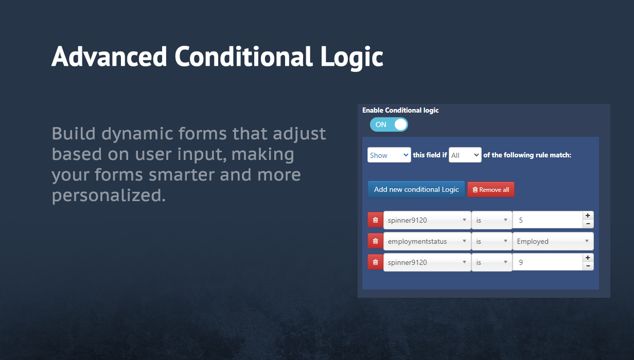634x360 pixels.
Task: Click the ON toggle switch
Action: (x=389, y=124)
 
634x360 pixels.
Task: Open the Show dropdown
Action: (x=389, y=155)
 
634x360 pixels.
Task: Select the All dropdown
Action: (x=465, y=155)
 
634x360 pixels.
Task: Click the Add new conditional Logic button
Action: (x=416, y=189)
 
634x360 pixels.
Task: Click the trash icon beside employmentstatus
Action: (x=375, y=241)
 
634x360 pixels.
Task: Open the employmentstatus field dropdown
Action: (x=427, y=241)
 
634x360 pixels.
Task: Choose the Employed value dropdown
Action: (x=553, y=241)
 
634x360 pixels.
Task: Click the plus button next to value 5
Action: (x=588, y=215)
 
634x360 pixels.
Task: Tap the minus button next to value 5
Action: (x=588, y=224)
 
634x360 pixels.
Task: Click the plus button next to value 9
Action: (x=588, y=258)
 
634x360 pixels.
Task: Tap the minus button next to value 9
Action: (x=588, y=266)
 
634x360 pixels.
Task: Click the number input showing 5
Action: (x=548, y=220)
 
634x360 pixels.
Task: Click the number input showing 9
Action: (x=548, y=262)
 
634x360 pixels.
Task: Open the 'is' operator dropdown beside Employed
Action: (x=491, y=241)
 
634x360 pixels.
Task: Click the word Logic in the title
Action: (x=351, y=58)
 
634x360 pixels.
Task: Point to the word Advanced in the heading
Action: (x=109, y=56)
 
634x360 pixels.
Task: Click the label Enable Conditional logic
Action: (x=400, y=110)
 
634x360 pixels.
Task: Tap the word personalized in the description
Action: (x=109, y=196)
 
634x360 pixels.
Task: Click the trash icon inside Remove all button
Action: (x=475, y=189)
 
